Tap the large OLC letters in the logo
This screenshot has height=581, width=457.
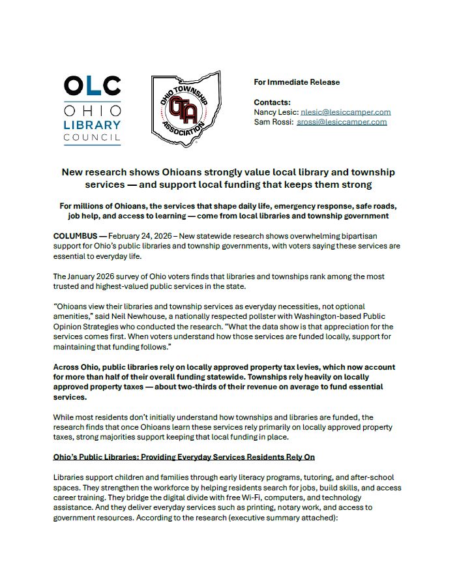pos(92,86)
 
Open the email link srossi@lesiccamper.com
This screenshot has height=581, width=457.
pos(342,122)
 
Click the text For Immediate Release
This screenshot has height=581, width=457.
pos(297,82)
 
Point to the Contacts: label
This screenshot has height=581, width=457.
pos(272,102)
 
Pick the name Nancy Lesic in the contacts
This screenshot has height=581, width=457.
pos(274,112)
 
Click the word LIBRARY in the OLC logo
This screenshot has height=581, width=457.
pos(92,125)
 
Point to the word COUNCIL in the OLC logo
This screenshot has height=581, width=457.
pos(92,138)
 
